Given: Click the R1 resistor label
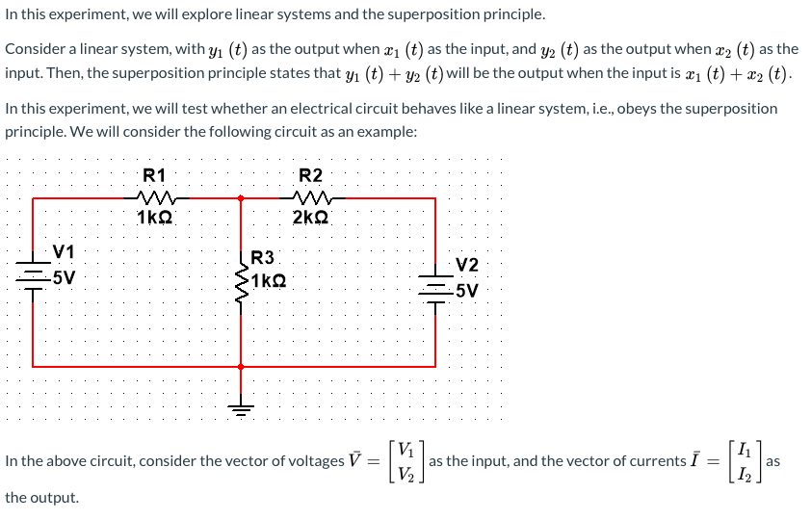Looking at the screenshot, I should (154, 175).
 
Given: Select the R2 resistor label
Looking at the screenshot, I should (311, 175).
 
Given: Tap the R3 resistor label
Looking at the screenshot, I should (262, 257).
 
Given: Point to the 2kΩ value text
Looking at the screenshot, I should (310, 218).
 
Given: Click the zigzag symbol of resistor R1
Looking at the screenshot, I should (155, 198).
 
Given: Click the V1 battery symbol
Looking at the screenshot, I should (34, 279).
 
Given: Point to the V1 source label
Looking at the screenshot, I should (65, 252).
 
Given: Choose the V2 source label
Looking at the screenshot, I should (467, 265).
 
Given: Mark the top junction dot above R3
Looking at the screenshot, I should (241, 198).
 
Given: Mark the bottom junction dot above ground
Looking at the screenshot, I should (241, 367).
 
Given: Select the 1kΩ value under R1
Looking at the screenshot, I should (154, 218).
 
